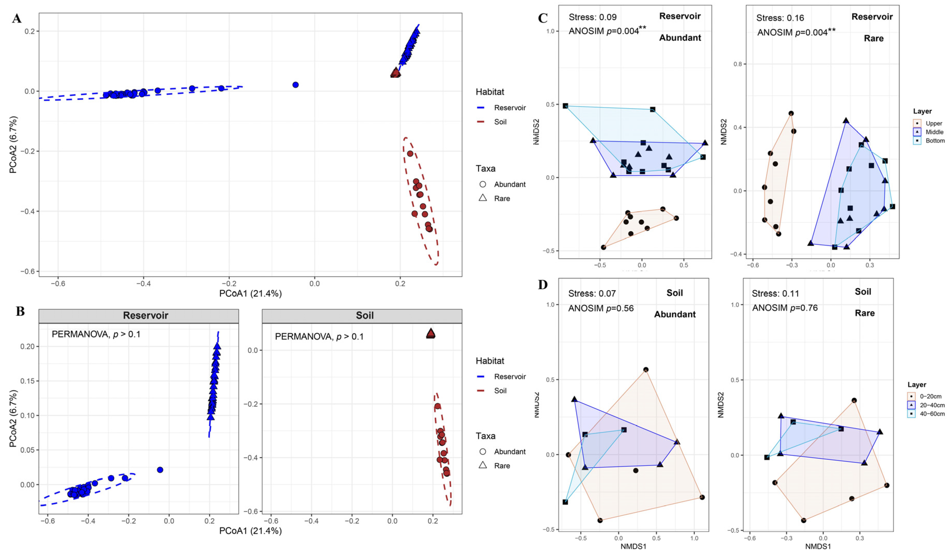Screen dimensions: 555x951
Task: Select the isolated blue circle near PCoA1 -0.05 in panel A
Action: click(296, 85)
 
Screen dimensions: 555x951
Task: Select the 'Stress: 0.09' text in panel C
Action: click(592, 17)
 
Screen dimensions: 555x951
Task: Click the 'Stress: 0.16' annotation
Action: click(780, 18)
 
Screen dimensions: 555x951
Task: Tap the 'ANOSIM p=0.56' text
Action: click(601, 308)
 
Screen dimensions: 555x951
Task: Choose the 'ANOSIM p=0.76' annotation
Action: click(785, 308)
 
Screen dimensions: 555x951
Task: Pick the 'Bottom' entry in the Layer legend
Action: click(935, 141)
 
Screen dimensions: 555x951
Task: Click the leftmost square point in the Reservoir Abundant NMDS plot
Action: click(565, 106)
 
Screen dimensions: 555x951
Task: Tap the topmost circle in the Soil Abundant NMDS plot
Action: click(646, 370)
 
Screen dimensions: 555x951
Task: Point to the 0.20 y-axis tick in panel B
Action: click(28, 346)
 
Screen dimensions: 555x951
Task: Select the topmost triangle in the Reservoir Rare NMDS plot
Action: click(846, 121)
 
